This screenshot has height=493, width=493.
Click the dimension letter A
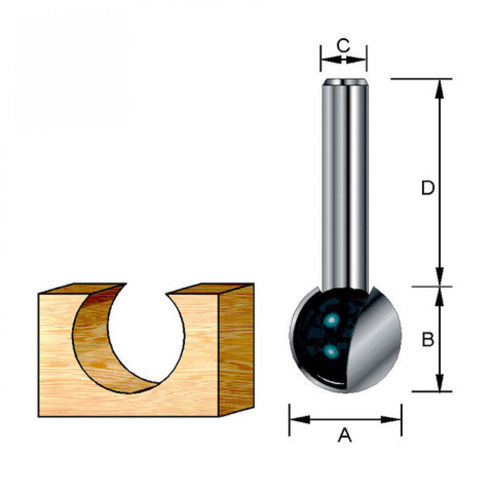[345, 435]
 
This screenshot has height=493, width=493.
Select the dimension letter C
[343, 45]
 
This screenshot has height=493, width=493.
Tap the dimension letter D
[428, 188]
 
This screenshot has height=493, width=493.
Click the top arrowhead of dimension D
[440, 89]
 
